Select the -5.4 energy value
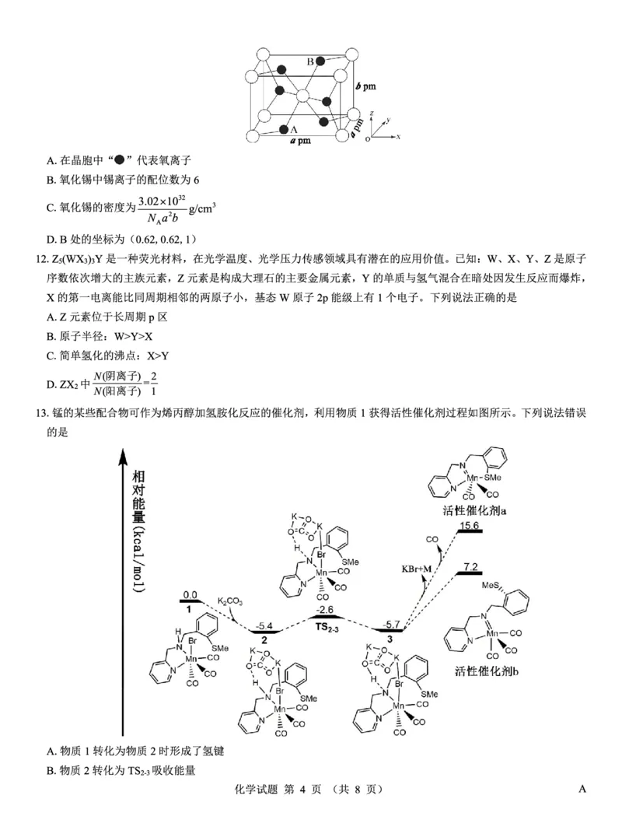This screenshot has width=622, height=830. point(264,625)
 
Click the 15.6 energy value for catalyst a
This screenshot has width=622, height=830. point(470,526)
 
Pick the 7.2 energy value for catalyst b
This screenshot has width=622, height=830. point(470,566)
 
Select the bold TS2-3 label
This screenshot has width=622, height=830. point(327,625)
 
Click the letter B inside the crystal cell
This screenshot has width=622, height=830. point(310,61)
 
